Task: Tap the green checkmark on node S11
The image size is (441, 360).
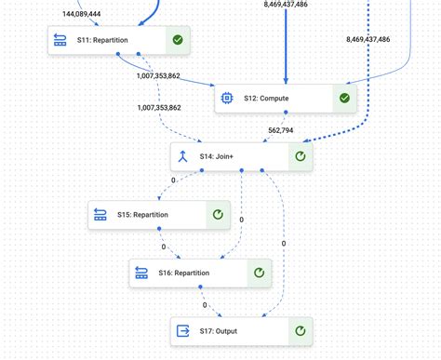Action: pos(177,40)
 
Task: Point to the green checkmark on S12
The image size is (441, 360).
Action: pos(344,98)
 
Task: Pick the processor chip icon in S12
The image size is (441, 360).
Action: pos(226,98)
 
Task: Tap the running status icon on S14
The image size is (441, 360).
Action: pos(300,156)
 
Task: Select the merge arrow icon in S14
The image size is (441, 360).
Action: pos(183,156)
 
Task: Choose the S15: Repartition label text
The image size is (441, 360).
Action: pos(142,215)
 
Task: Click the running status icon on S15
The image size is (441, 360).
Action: pos(218,215)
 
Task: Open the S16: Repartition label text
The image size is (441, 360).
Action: pos(184,273)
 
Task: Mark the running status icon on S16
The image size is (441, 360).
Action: pos(260,273)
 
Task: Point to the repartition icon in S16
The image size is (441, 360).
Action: pos(141,273)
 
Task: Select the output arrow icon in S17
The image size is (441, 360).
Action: pos(183,330)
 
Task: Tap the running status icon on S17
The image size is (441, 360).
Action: pos(300,330)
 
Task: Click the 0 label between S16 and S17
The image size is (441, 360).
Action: pos(205,304)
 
